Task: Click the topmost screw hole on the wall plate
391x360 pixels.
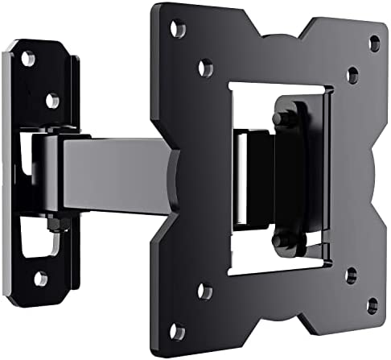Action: tap(28, 58)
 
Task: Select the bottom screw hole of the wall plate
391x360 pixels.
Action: tap(40, 279)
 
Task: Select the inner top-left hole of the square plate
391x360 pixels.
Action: tap(206, 68)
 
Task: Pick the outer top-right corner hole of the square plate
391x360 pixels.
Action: tap(374, 42)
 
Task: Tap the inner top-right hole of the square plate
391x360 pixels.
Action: tap(352, 75)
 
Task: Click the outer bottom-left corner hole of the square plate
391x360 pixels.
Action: tap(178, 331)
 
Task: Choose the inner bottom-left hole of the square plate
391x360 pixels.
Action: tap(205, 290)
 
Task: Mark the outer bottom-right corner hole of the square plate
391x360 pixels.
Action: tap(372, 304)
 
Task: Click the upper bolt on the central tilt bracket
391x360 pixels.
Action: tap(281, 118)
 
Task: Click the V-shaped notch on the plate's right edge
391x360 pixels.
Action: tap(366, 173)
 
